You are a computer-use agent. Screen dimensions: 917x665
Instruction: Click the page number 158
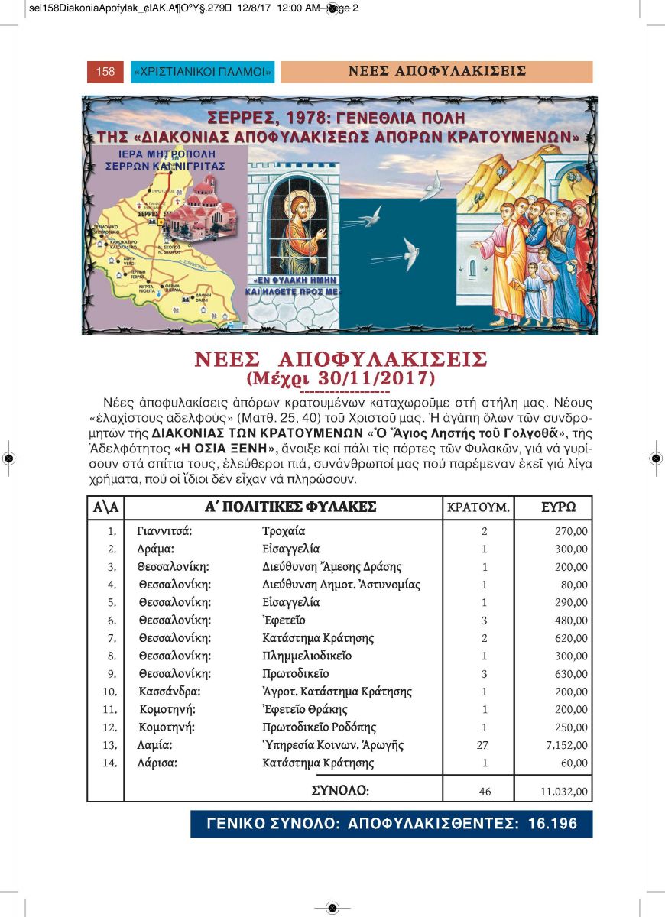(x=105, y=72)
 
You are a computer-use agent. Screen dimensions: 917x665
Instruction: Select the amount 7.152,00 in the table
(x=566, y=745)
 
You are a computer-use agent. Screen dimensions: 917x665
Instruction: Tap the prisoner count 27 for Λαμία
(x=482, y=745)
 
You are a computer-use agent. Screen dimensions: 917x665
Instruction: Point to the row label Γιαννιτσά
(x=164, y=530)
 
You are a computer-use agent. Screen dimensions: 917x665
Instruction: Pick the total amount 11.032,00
(x=564, y=792)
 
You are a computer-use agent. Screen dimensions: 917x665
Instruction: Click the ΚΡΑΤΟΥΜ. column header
(x=478, y=507)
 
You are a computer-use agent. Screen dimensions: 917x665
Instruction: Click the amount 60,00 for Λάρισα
(x=573, y=763)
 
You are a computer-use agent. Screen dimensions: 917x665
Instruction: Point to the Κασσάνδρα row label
(x=170, y=692)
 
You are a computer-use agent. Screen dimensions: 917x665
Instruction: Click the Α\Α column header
(x=105, y=507)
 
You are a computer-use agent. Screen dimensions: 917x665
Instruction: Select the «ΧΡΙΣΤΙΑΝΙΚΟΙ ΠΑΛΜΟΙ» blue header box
(x=203, y=72)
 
